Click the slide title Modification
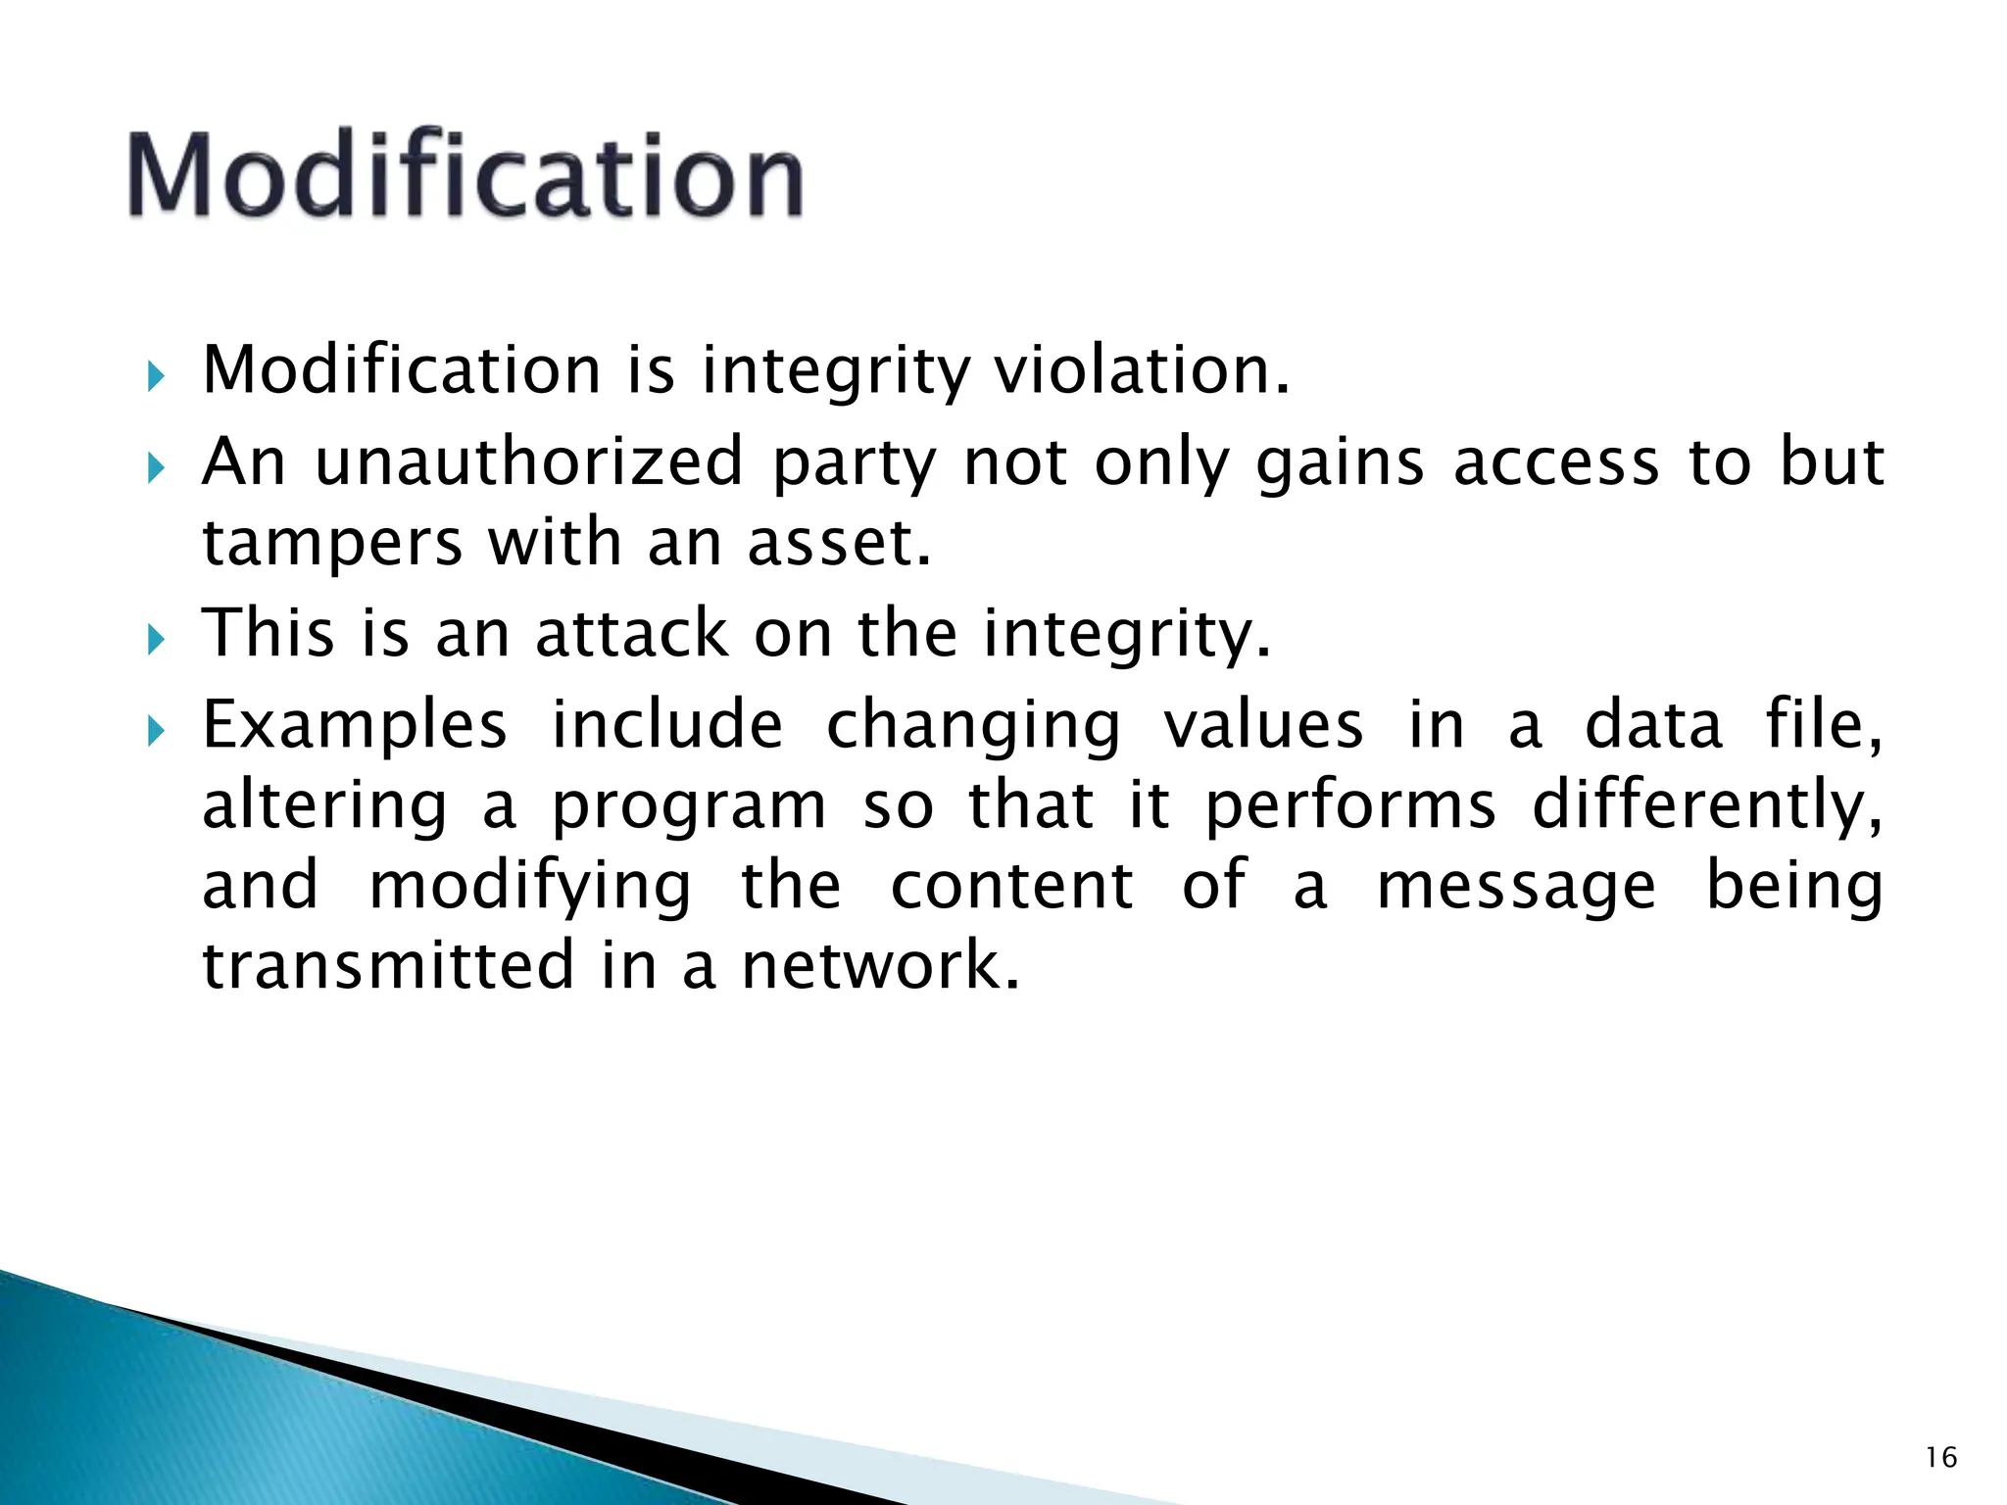point(465,176)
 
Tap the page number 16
point(1940,1458)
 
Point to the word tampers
point(331,544)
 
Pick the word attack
point(632,633)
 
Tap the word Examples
point(355,727)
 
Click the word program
point(689,807)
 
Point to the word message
point(1516,886)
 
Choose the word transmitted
point(388,965)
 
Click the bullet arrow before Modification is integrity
point(156,375)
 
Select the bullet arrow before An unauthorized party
point(156,466)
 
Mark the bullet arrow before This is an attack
point(156,639)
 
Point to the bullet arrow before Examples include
point(156,730)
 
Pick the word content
point(1011,886)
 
